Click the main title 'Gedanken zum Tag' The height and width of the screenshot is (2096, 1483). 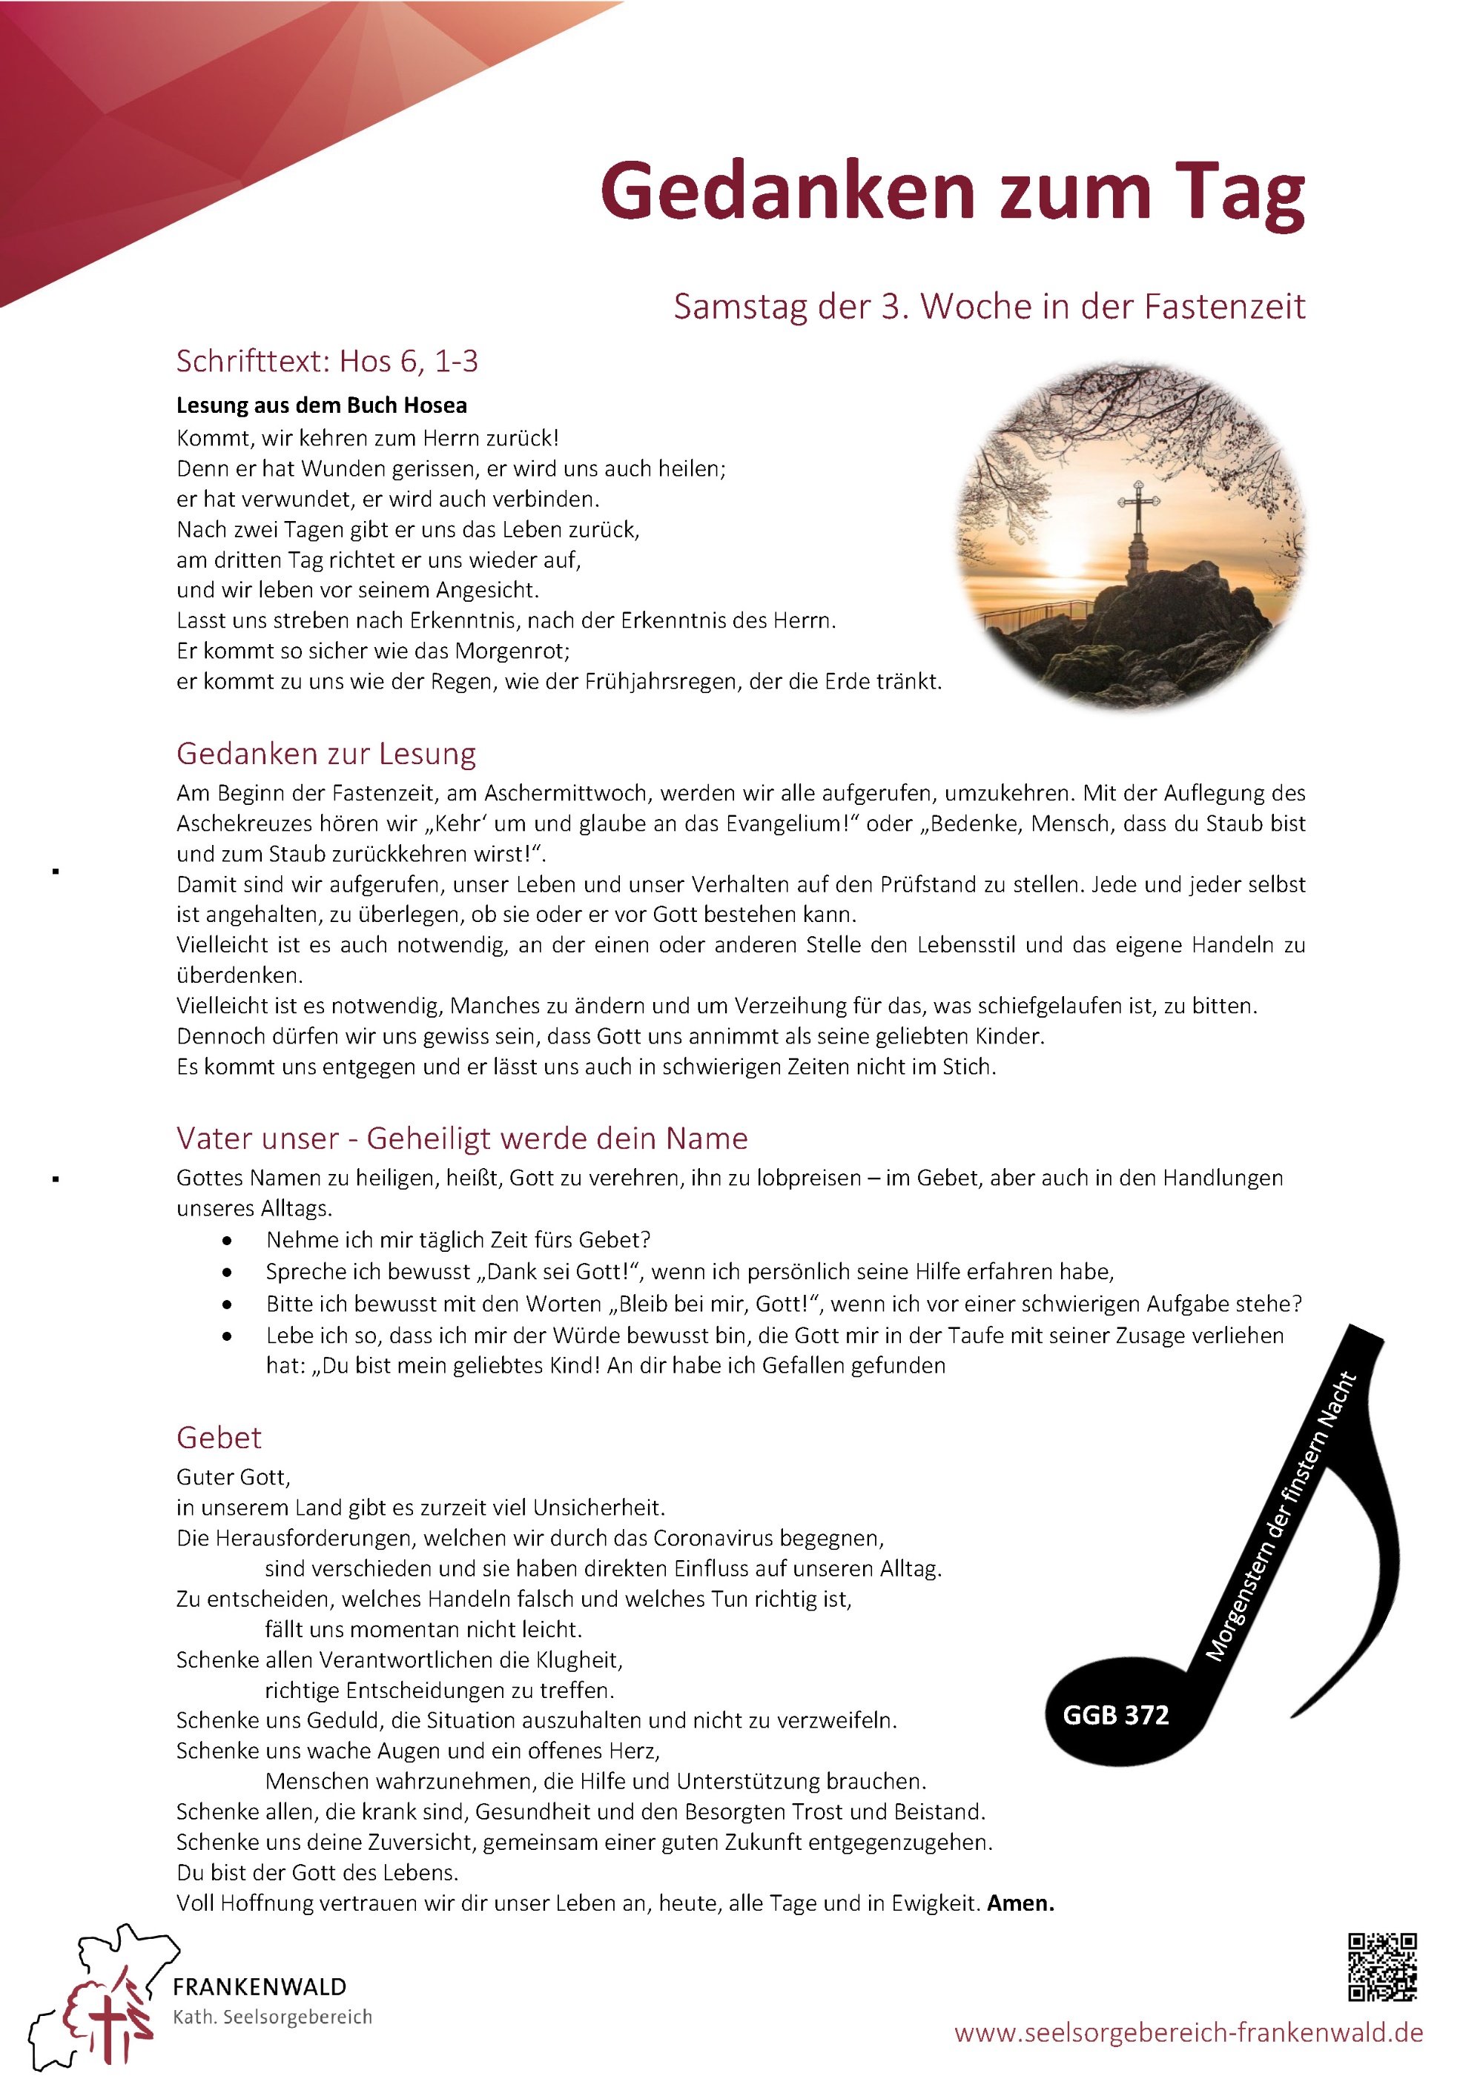point(951,193)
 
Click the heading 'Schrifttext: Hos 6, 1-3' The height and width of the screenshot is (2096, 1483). point(327,362)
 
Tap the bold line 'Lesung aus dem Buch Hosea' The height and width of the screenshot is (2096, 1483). point(321,405)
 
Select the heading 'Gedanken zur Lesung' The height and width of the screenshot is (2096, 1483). point(326,754)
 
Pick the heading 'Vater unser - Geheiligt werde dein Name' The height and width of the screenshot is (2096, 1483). point(462,1138)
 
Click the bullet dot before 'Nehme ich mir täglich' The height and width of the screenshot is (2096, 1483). point(226,1241)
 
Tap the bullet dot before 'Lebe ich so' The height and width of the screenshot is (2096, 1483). point(226,1337)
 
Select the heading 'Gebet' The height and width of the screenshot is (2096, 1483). point(219,1438)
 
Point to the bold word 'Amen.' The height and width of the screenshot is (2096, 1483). point(1021,1903)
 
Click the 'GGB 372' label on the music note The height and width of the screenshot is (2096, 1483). point(1115,1715)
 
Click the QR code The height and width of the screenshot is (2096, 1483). point(1383,1967)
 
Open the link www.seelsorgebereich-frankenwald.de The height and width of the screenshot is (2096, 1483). point(1188,2033)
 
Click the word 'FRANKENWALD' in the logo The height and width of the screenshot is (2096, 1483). point(260,1987)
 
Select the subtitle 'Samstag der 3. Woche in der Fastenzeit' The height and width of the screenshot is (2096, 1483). point(989,307)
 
